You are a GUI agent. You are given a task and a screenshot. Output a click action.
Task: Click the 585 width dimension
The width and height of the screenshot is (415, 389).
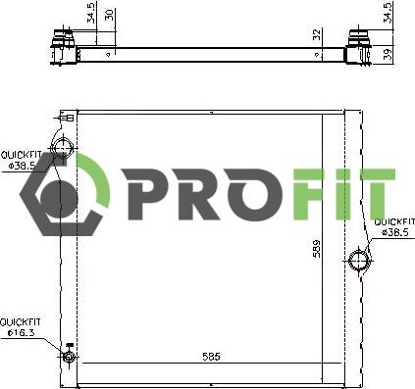coord(211,357)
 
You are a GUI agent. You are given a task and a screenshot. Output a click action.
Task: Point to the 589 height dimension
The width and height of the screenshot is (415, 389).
coord(317,249)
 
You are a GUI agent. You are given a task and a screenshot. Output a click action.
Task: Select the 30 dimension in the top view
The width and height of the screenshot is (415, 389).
coord(110,15)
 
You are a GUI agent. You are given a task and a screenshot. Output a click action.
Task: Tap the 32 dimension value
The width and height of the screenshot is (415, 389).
coord(317,34)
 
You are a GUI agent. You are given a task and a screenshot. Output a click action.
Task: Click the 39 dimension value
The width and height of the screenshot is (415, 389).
coord(389,54)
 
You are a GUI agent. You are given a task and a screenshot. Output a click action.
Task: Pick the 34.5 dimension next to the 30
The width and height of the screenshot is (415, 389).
coord(92,13)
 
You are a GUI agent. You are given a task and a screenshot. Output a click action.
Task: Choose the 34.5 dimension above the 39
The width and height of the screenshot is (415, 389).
coord(388,13)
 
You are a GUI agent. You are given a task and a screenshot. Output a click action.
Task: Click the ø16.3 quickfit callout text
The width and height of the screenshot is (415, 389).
coord(22,333)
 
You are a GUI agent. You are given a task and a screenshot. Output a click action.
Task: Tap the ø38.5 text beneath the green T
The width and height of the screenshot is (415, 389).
coord(395,232)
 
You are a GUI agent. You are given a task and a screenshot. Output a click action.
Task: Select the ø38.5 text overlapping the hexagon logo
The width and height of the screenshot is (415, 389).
coord(23,166)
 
